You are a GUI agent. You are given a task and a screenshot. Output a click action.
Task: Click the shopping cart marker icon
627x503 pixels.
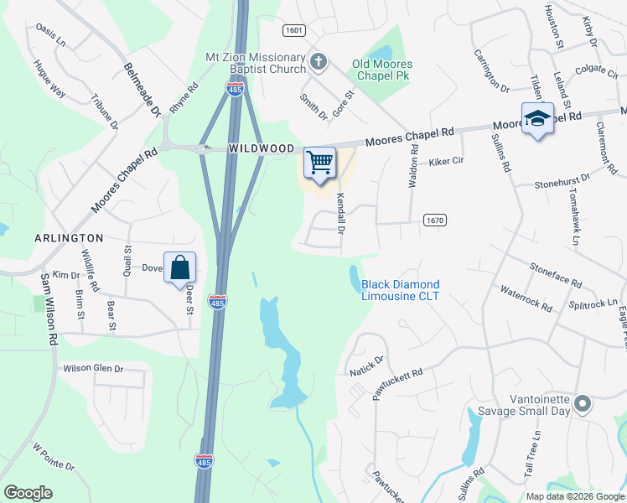pos(319,163)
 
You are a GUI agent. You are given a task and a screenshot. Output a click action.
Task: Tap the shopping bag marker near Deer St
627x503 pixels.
pos(180,268)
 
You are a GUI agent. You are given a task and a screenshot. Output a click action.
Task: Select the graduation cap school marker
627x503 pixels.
pos(536,118)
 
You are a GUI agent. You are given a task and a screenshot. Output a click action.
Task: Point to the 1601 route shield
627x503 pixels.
pos(293,30)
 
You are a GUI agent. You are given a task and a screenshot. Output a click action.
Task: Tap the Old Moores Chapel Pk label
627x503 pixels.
pos(386,70)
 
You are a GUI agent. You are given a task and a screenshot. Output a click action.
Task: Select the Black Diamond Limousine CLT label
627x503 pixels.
pos(400,291)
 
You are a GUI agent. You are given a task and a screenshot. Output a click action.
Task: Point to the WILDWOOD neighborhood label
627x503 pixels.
pos(262,148)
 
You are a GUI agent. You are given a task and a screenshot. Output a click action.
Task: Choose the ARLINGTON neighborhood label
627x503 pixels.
pos(69,238)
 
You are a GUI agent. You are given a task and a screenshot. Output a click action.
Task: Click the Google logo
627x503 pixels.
pos(28,492)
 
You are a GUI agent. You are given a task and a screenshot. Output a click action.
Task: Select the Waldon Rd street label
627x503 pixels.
pos(413,165)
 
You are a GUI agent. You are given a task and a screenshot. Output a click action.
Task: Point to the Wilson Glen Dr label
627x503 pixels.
pos(93,368)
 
